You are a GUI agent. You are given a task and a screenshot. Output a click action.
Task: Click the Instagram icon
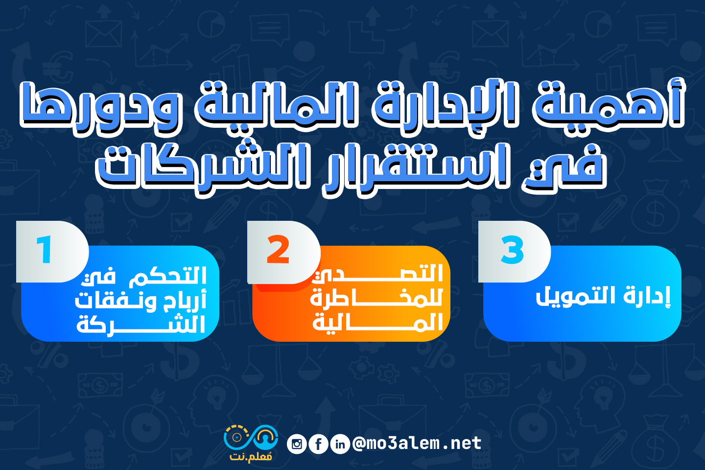click(x=297, y=444)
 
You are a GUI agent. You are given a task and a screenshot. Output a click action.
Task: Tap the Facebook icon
click(x=318, y=444)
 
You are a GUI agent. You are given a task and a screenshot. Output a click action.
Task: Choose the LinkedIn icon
click(x=340, y=444)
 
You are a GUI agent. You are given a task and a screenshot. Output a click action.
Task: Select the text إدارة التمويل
click(x=603, y=296)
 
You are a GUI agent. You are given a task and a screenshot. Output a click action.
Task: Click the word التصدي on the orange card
click(x=377, y=273)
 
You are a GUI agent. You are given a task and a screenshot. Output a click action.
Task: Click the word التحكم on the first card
click(x=168, y=276)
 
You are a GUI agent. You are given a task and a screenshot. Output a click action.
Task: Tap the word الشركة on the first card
click(x=141, y=324)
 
